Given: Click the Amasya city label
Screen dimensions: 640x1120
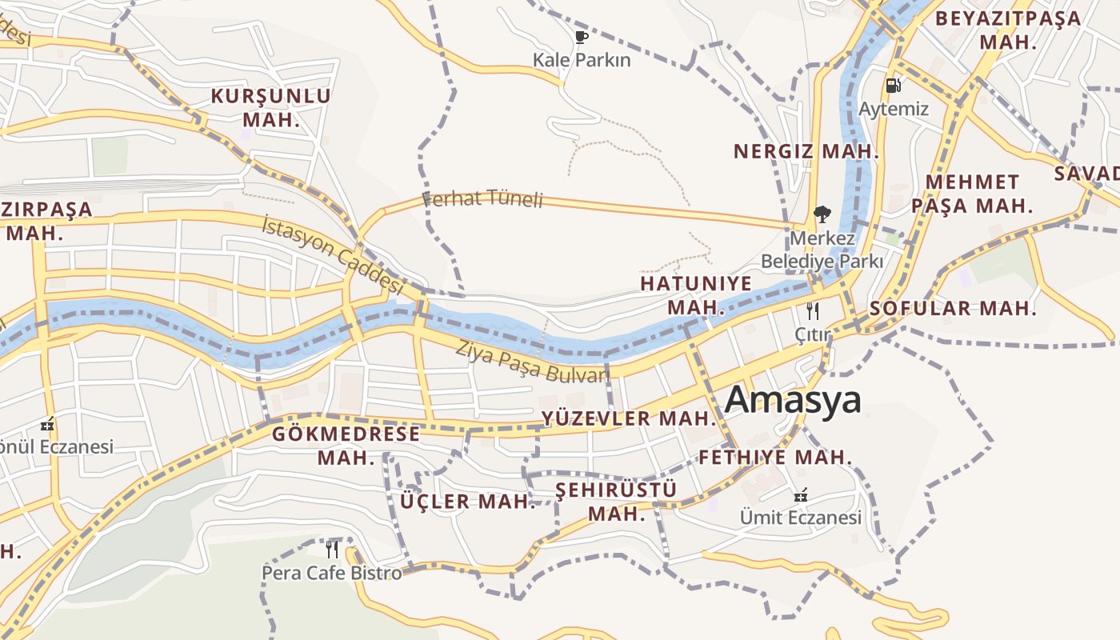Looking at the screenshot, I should coord(793,400).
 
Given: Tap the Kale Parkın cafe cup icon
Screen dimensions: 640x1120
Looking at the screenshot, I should coord(582,37).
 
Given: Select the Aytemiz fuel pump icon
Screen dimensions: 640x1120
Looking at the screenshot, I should coord(893,85).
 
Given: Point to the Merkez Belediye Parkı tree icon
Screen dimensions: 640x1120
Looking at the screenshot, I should coord(821,214).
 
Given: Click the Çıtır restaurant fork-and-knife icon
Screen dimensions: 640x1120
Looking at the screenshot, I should coord(813,311).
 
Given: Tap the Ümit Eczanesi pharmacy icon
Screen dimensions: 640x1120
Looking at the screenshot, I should coord(800,495).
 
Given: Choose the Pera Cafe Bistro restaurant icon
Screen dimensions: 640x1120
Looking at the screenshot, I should coord(332,550).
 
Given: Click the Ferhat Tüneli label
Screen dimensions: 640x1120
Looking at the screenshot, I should coord(482,198).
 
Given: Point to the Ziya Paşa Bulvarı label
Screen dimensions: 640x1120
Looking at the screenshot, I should coord(533,362).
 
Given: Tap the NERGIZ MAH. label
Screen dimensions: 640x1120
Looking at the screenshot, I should coord(806,151).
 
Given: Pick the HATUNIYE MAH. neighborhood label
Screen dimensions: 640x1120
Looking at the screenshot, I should coord(696,295).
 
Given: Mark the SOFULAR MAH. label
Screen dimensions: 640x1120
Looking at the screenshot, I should coord(953,308).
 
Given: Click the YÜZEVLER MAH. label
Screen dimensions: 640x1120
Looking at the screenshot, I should coord(628,418).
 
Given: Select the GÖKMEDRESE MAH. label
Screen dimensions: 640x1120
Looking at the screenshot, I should coord(346,446).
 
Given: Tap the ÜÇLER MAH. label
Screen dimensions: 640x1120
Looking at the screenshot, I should coord(467,502).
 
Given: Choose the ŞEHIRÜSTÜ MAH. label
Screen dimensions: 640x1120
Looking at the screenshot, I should coord(616,501).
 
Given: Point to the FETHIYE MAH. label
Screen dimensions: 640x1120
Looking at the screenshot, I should coord(775,458).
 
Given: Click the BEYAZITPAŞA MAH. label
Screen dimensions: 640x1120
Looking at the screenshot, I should coord(1008,30).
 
